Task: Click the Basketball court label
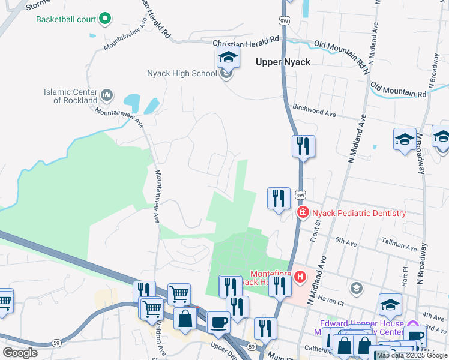coord(66,19)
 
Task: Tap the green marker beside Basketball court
coord(106,19)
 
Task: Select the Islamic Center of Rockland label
coord(70,96)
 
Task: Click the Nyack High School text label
coord(181,74)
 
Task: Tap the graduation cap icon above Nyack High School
coord(228,58)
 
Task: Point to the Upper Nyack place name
coord(283,62)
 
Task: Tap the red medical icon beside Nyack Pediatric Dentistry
coord(303,212)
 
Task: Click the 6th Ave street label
coord(346,241)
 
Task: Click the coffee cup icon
coord(218,322)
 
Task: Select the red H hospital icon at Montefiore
coord(300,276)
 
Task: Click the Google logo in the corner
coord(20,352)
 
